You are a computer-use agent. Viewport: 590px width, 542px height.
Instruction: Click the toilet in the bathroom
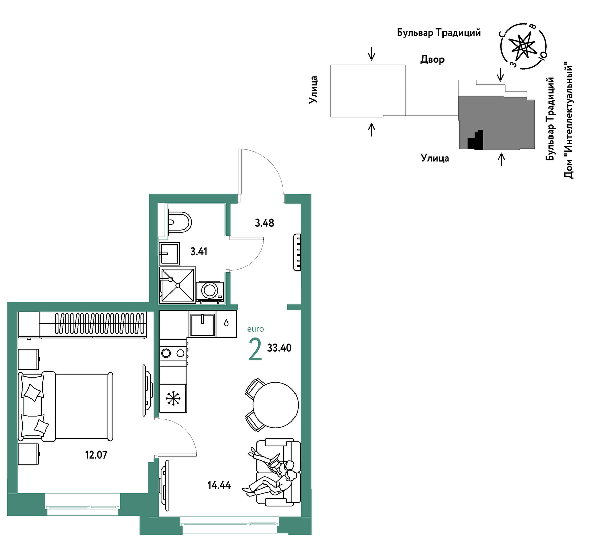point(179,222)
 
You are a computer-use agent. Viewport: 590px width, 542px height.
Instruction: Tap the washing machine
point(210,291)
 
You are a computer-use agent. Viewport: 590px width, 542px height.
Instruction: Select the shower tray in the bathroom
point(177,285)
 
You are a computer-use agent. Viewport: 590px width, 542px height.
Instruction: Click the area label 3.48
point(264,223)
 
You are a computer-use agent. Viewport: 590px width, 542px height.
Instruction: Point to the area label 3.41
point(198,252)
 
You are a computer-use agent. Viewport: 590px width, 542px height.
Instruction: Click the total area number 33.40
point(279,348)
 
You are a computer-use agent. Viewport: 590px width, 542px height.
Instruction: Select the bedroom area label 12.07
point(96,455)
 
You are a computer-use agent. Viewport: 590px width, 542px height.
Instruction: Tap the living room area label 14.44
point(219,486)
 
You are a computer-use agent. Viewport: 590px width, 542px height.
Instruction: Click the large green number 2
point(255,349)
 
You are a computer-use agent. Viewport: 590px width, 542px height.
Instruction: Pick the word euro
point(255,329)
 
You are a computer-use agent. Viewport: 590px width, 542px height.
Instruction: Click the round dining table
point(275,405)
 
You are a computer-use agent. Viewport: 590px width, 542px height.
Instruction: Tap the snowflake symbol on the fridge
point(173,398)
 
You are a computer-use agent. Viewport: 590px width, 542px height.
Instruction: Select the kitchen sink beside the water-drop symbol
point(203,325)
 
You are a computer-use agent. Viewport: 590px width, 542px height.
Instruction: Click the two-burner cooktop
point(174,353)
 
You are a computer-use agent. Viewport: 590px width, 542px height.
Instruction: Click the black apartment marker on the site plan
point(475,141)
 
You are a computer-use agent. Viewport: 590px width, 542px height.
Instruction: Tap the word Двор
point(432,59)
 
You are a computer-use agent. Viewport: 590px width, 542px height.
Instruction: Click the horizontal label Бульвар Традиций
point(438,33)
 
